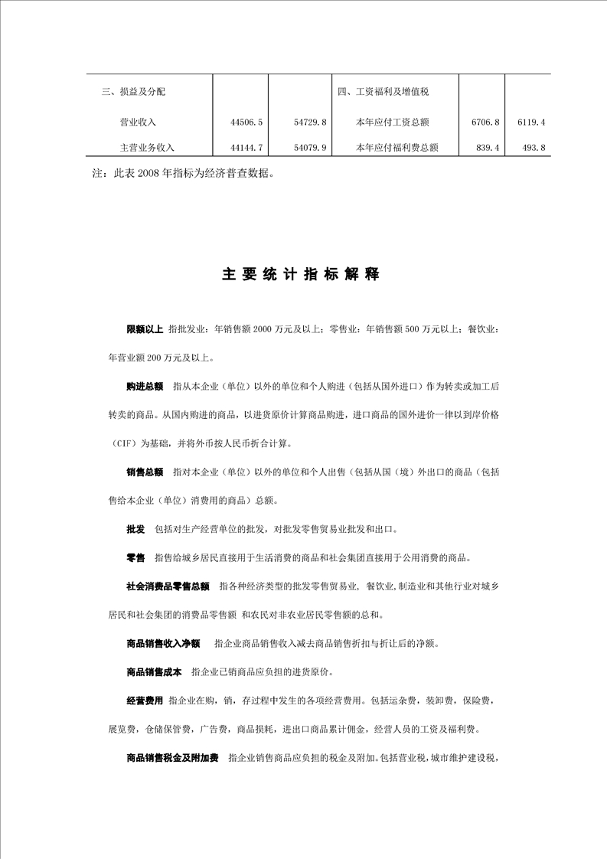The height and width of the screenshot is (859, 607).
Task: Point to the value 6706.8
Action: click(x=485, y=122)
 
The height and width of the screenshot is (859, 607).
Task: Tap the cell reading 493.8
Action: click(x=532, y=148)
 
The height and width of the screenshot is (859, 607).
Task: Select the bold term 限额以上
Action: click(x=145, y=328)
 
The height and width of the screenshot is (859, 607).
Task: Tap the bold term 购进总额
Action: click(x=145, y=386)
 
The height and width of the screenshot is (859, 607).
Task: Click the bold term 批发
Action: click(x=135, y=529)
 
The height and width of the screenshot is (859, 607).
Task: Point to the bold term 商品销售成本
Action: click(x=154, y=672)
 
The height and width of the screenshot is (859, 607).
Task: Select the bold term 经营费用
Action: click(x=145, y=701)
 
